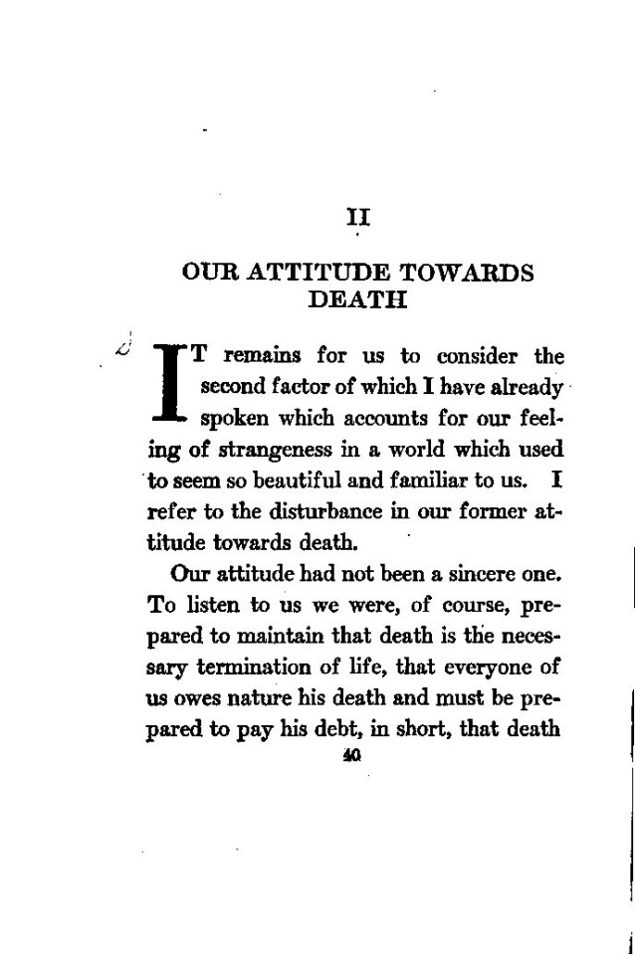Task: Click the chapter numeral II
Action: click(x=357, y=215)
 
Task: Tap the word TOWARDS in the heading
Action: click(x=467, y=273)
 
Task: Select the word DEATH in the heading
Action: click(x=357, y=299)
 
